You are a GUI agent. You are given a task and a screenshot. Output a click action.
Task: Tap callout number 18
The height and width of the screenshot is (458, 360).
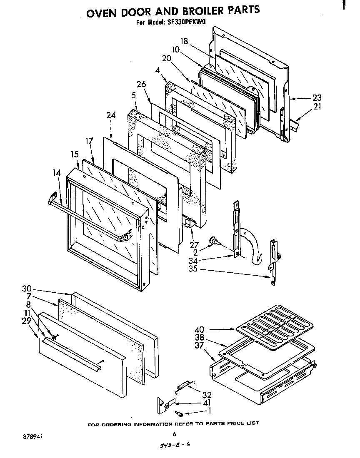coord(185,41)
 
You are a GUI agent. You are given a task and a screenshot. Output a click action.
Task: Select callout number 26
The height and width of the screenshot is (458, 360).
coord(141,85)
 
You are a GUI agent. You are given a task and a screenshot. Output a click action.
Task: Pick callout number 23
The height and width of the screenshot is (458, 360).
coord(317,98)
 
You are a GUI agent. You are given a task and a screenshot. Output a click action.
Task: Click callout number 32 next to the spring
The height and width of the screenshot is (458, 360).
coord(207,395)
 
